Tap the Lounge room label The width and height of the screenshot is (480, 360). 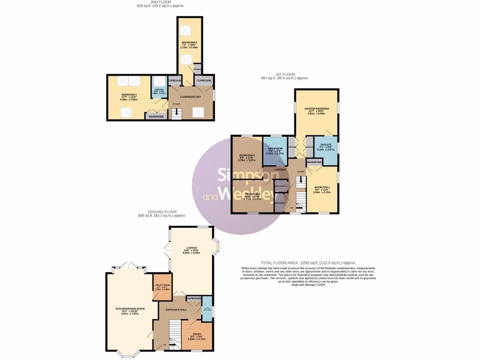(191, 247)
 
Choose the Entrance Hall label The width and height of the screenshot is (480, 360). (177, 309)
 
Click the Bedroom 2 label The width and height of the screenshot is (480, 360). (125, 94)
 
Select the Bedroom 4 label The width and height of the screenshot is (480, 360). (247, 155)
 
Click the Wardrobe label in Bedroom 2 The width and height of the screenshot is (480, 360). (156, 116)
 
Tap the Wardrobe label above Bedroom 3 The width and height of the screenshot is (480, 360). (315, 162)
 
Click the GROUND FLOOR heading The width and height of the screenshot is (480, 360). (162, 212)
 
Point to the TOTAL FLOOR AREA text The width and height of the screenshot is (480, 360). (308, 263)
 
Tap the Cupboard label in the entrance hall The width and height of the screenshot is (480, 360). (194, 299)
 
